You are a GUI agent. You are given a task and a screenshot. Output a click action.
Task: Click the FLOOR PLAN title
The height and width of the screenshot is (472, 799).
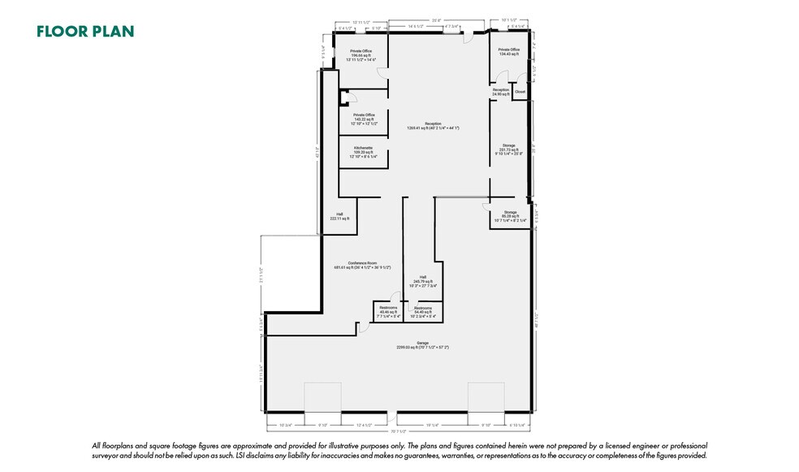pos(85,32)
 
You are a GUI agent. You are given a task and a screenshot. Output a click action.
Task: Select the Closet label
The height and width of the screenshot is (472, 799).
pos(520,92)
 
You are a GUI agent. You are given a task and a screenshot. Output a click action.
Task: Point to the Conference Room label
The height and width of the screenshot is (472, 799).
pos(362,265)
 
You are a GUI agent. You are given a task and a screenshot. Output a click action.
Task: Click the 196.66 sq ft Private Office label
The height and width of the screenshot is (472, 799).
pos(361,54)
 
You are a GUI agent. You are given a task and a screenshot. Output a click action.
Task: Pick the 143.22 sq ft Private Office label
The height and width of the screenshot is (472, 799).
pos(363,119)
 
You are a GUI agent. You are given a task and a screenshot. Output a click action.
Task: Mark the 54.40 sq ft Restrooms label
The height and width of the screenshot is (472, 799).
pos(423,312)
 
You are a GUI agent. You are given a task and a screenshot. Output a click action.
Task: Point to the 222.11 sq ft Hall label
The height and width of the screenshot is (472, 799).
pos(339,217)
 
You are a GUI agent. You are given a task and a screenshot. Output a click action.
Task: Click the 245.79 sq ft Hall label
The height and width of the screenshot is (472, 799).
pos(422,281)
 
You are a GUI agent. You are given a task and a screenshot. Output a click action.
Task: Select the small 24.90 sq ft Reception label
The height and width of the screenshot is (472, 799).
pos(500,92)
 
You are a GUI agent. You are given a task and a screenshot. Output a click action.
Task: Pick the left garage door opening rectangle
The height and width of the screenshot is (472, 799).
pos(323,397)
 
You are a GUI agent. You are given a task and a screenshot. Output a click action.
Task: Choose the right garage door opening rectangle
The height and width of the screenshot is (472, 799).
pos(486,397)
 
